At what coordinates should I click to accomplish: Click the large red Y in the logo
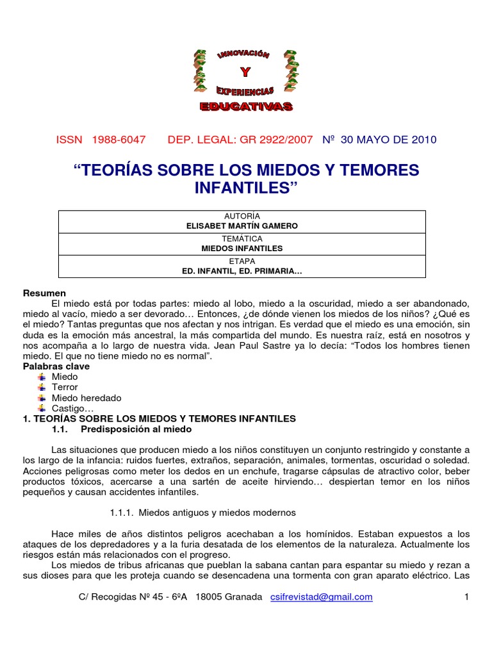point(243,72)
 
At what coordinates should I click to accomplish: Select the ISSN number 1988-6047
point(119,140)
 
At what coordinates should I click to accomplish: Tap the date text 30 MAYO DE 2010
point(389,140)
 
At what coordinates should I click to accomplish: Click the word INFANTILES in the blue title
point(246,188)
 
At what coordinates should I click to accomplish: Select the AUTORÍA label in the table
point(242,216)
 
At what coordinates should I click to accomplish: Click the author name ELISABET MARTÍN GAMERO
point(242,225)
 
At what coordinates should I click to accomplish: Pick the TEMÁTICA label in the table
point(242,239)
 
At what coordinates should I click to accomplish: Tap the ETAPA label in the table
point(242,261)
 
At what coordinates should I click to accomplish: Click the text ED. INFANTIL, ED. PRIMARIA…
point(242,271)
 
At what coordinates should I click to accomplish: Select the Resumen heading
point(45,293)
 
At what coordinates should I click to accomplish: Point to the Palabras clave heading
point(56,366)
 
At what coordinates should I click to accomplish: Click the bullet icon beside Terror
point(42,388)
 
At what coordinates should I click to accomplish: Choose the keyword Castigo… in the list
point(73,408)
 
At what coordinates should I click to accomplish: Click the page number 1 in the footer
point(467,596)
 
